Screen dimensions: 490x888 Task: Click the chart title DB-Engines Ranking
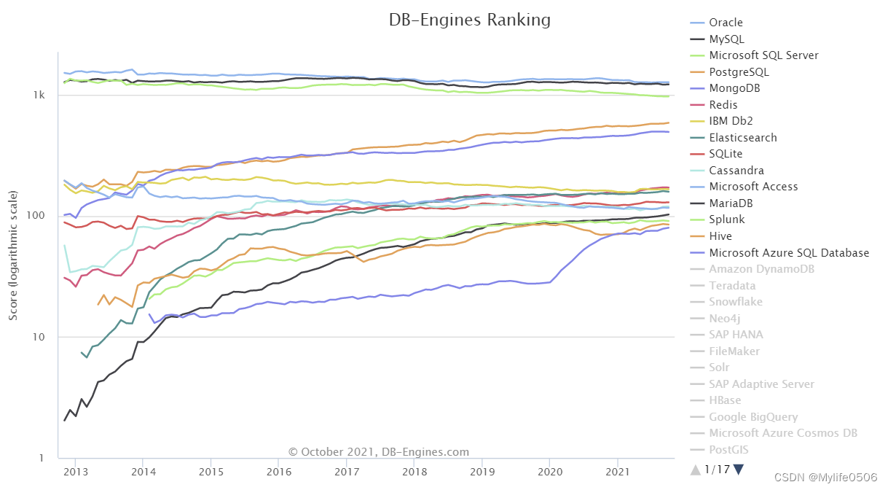(470, 20)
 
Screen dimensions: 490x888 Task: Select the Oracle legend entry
(726, 23)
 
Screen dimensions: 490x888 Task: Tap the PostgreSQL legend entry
(739, 72)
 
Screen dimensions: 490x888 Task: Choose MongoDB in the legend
(734, 88)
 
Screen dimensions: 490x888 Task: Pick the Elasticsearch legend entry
(742, 138)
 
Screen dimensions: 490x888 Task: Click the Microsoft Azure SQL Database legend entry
(789, 253)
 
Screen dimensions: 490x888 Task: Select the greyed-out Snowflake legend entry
(736, 302)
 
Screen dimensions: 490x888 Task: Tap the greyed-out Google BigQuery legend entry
(753, 417)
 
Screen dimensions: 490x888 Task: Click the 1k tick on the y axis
(40, 96)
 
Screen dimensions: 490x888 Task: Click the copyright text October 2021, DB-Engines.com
(379, 452)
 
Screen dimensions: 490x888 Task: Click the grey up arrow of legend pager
(695, 470)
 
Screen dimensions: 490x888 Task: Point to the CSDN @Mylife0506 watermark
(826, 478)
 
